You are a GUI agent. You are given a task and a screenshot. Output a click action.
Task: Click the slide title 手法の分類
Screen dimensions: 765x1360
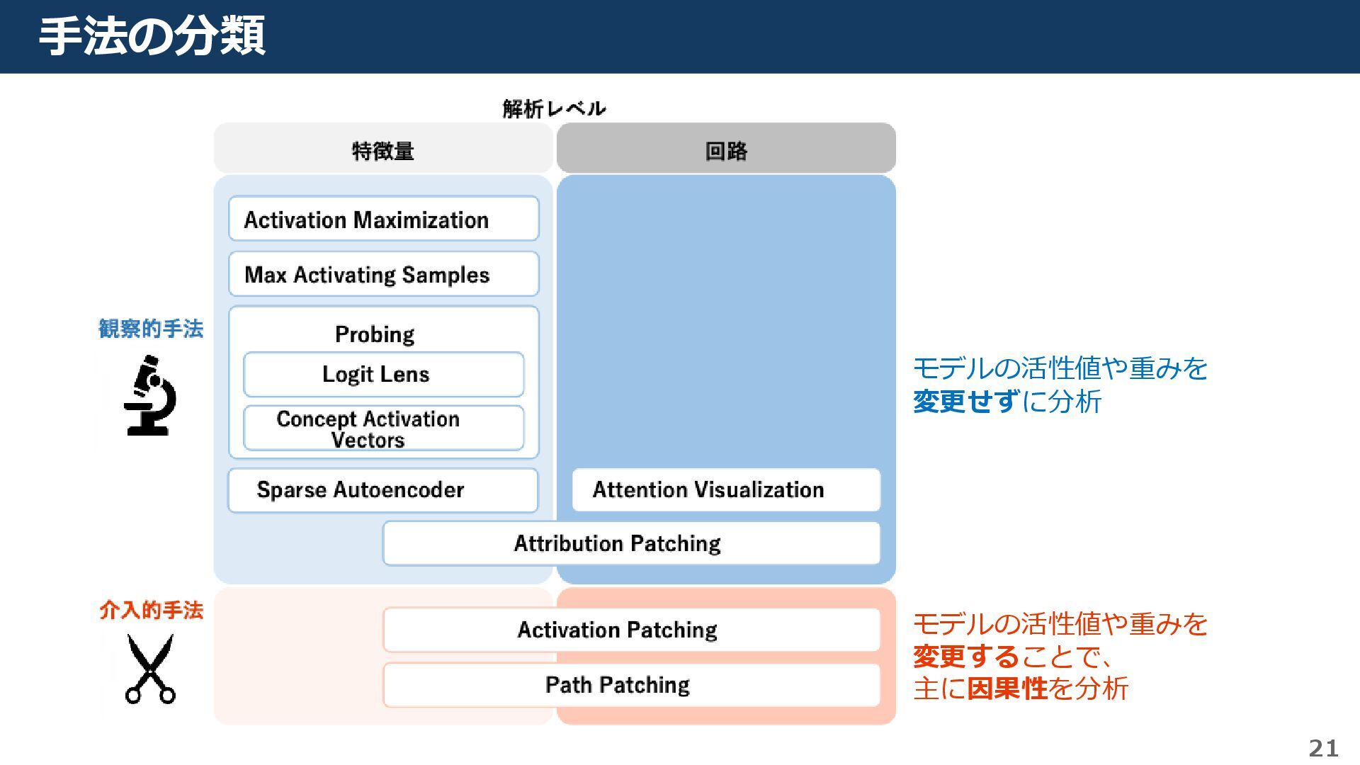(x=152, y=37)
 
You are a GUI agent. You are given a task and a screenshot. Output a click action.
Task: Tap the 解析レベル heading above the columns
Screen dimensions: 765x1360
(x=554, y=108)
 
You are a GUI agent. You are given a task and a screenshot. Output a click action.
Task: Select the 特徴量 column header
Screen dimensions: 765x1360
(x=383, y=150)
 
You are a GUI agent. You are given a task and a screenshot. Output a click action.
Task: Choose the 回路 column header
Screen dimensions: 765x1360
(x=726, y=150)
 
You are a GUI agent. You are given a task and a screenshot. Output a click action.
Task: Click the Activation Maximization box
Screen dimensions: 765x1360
(x=383, y=220)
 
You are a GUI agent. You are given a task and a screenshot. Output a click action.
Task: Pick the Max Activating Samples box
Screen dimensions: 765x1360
(x=383, y=274)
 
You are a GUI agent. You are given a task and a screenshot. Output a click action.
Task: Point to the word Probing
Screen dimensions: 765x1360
(x=375, y=334)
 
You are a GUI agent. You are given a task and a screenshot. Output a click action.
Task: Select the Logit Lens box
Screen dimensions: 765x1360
(x=383, y=374)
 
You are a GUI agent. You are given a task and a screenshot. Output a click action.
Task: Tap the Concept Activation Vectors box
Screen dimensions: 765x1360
(x=383, y=429)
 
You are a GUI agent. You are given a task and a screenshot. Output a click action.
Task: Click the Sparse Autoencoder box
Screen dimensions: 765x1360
(x=382, y=489)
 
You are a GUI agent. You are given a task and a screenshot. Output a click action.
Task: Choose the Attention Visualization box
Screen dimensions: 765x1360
(x=725, y=489)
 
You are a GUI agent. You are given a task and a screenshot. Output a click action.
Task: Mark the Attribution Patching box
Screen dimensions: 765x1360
(x=631, y=543)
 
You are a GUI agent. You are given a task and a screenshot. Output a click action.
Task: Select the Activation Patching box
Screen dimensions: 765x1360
(x=631, y=630)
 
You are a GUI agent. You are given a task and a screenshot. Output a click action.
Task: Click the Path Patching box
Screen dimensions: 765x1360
(x=631, y=685)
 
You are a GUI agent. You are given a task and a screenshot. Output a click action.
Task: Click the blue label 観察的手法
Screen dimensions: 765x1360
(x=150, y=329)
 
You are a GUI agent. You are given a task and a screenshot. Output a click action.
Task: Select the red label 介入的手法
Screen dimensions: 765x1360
(x=151, y=610)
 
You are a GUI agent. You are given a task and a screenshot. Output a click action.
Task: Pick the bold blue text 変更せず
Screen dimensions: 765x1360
(x=966, y=402)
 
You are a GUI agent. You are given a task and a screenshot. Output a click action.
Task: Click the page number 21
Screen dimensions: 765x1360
(x=1323, y=748)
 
